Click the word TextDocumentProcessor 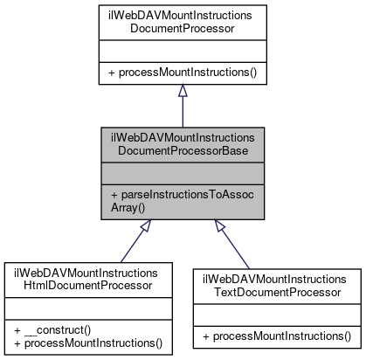(277, 291)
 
